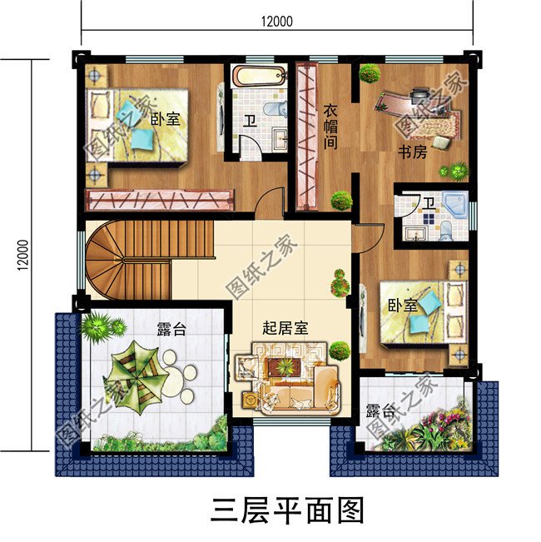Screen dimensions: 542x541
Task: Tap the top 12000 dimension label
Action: [x=275, y=22]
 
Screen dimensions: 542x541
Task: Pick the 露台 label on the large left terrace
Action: [x=171, y=330]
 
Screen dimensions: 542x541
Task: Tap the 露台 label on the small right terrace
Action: [x=380, y=412]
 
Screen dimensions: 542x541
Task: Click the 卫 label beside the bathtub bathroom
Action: [x=249, y=120]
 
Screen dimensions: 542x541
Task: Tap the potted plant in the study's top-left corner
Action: [x=370, y=73]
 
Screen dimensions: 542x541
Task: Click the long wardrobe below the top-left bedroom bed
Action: [x=158, y=200]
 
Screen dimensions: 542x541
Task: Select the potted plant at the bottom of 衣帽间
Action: [x=340, y=200]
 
